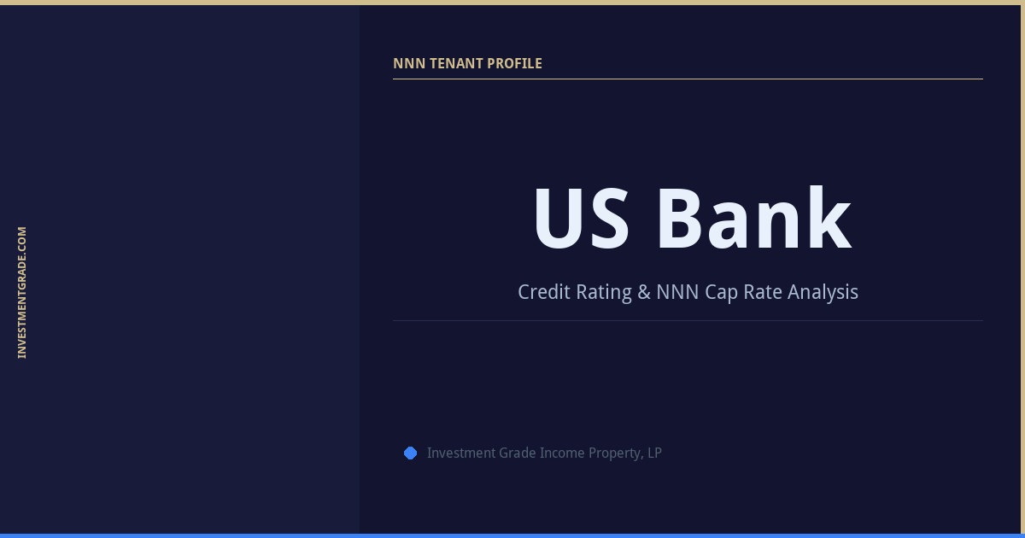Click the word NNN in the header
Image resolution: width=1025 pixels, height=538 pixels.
coord(407,63)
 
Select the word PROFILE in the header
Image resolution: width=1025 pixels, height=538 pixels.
coord(514,63)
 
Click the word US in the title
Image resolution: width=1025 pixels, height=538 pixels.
coord(582,219)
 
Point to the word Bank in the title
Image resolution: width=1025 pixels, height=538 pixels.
coord(753,219)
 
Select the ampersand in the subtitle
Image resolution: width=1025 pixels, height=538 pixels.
coord(645,292)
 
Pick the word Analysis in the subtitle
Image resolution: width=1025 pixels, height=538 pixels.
coord(823,292)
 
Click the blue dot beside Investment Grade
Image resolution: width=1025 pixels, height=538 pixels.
coord(410,453)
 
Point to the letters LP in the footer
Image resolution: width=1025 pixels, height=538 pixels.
coord(654,453)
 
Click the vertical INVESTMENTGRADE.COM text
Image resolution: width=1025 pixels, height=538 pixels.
coord(22,292)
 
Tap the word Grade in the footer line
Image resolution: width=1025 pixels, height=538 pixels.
coord(518,453)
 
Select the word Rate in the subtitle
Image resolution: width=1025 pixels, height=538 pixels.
coord(763,292)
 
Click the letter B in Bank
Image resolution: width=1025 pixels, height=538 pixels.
coord(680,219)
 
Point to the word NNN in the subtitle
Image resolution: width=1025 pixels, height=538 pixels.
coord(678,292)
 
